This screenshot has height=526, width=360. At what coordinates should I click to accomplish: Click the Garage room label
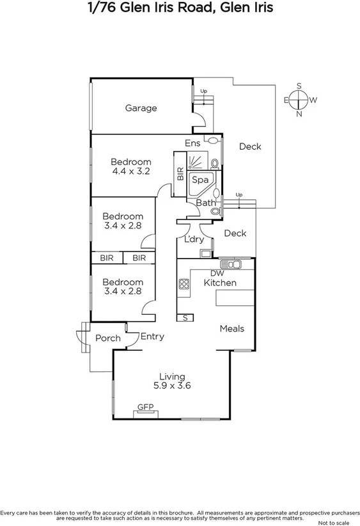click(141, 108)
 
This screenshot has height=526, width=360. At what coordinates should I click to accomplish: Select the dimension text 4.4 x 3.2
click(131, 171)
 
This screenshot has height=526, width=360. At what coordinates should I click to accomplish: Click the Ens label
click(192, 143)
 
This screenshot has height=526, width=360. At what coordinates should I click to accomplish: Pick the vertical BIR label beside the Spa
click(180, 173)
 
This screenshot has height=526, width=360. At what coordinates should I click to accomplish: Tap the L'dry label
click(194, 239)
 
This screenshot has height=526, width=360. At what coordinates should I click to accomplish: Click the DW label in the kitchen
click(215, 273)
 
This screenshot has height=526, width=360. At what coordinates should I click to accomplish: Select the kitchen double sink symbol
click(229, 264)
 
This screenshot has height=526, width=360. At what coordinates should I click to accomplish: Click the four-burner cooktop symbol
click(185, 283)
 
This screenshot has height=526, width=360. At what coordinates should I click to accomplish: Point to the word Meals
click(231, 328)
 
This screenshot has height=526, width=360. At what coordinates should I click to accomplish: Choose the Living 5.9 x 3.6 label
click(172, 381)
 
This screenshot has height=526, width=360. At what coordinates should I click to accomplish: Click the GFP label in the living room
click(146, 406)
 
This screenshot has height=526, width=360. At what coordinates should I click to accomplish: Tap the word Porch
click(107, 338)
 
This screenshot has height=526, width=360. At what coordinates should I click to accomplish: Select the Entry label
click(152, 337)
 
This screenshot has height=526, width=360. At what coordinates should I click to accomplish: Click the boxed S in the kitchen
click(186, 317)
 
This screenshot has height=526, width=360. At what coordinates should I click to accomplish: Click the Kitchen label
click(220, 283)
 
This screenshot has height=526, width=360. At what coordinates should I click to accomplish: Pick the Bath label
click(206, 203)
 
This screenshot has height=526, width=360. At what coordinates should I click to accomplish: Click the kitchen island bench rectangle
click(235, 298)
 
